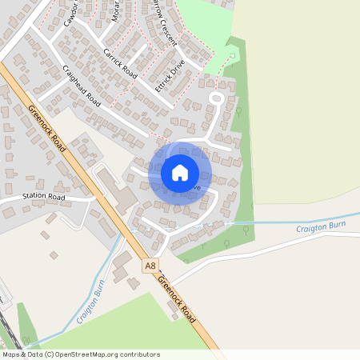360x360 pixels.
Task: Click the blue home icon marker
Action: [x=179, y=172]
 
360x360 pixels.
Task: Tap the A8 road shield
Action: [x=150, y=265]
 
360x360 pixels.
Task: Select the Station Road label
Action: [x=43, y=196]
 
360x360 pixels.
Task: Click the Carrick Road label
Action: [x=120, y=63]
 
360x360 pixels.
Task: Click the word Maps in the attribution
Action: [x=11, y=354]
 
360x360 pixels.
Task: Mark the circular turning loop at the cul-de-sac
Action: [x=215, y=98]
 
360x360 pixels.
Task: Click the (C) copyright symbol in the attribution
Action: [x=50, y=354]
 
